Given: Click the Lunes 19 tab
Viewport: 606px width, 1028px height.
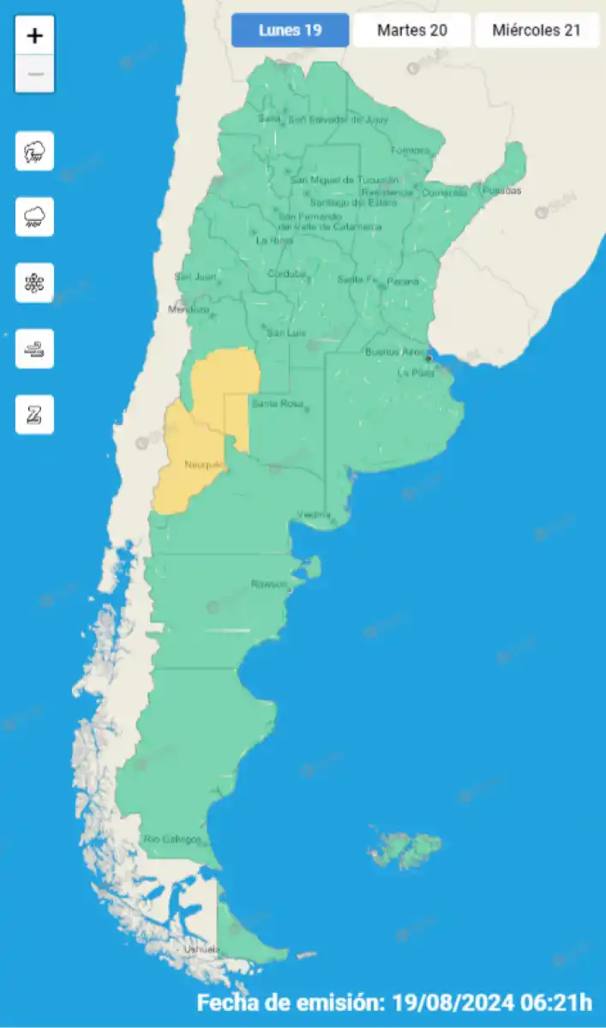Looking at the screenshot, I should [x=290, y=31].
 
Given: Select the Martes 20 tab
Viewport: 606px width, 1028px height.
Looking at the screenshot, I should [x=411, y=31].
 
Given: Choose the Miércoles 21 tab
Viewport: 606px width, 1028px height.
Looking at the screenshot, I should [x=537, y=31].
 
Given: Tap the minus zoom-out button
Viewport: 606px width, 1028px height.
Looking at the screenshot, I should [x=34, y=75].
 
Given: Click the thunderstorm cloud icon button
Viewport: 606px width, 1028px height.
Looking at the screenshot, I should [x=34, y=152].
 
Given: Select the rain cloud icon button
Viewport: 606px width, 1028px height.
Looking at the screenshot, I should [x=34, y=217].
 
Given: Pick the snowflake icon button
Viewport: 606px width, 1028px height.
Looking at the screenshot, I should [x=34, y=283].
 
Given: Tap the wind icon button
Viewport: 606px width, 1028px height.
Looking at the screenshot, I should [x=34, y=349].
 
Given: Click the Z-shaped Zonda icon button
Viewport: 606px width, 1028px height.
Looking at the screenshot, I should [x=34, y=415].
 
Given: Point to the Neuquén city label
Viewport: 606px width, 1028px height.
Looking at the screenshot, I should [x=204, y=465].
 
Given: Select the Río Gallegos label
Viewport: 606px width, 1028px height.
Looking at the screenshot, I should [x=172, y=839].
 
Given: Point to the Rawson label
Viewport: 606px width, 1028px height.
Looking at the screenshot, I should [x=268, y=584].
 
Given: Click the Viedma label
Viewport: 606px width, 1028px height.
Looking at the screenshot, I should [x=314, y=514].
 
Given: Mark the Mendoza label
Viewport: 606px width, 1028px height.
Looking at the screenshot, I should [x=189, y=309].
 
